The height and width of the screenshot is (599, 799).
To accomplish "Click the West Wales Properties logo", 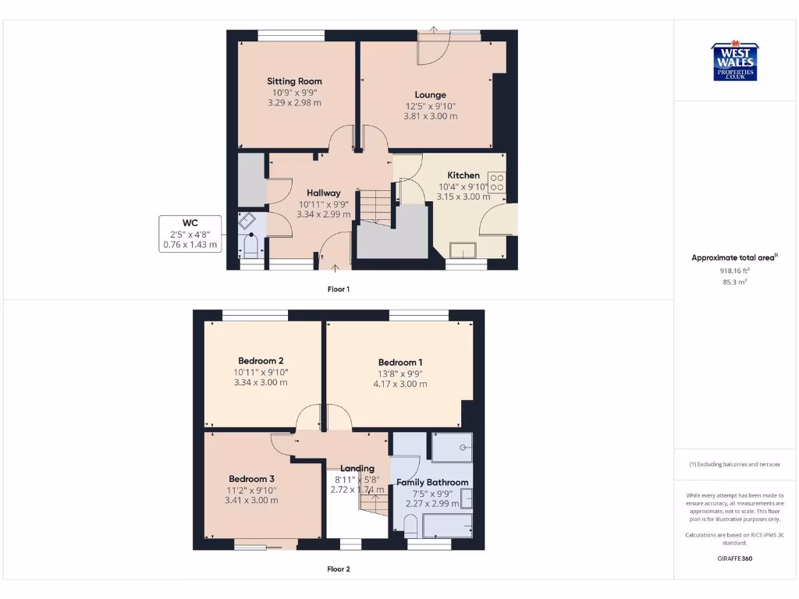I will point(734,62).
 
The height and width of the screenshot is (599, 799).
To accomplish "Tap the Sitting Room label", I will point(294,81).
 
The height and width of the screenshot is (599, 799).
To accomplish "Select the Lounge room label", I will point(430,95).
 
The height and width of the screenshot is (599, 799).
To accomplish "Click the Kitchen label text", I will point(463,175).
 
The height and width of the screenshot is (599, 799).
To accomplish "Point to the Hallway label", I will point(323,193).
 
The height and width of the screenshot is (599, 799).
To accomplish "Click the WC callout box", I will point(190,234).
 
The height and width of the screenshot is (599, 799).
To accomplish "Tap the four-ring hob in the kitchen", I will point(497,183).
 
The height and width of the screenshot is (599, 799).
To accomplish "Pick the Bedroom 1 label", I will point(400,363).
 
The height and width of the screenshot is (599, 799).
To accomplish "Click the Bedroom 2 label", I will point(261,361).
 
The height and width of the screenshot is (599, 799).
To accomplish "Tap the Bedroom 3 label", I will point(251,479).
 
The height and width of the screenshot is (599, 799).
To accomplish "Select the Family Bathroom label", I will point(432,483).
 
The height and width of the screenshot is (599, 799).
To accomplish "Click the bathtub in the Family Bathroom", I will point(447,526).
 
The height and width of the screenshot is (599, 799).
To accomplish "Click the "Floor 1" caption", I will point(338,289).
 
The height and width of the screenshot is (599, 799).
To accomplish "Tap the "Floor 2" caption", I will point(338,569).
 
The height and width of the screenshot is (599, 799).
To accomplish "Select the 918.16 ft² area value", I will point(735,271).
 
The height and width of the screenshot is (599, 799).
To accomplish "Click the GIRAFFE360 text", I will point(734,558).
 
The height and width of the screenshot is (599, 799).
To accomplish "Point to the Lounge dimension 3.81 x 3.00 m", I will point(430,116).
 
